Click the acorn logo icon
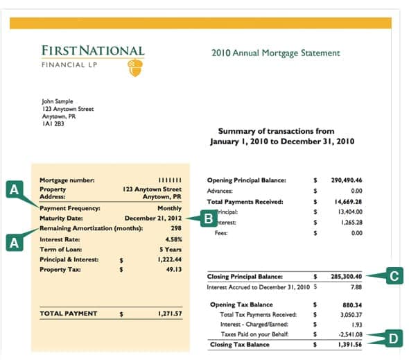135,67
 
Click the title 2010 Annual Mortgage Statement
276,53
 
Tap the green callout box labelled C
394,276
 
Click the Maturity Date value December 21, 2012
153,217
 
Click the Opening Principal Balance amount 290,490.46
347,180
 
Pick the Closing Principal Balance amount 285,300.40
347,276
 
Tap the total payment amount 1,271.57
170,314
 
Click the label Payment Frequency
70,207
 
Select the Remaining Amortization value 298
175,227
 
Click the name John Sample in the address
57,101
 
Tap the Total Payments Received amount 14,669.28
348,201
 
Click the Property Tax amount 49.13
173,269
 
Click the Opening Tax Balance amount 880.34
353,305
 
